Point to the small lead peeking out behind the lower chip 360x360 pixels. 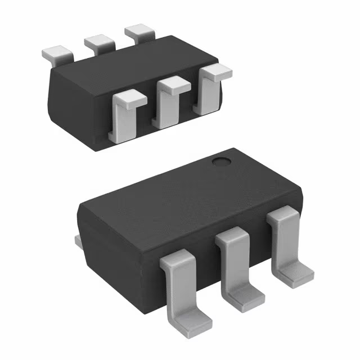tap(79, 241)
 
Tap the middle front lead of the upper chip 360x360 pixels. tap(168, 104)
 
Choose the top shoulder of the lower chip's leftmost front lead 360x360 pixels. tap(181, 260)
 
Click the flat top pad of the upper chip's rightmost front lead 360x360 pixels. tap(217, 71)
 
